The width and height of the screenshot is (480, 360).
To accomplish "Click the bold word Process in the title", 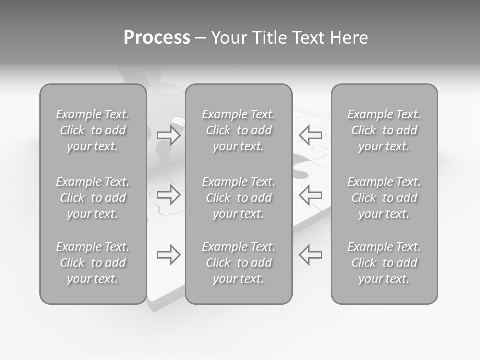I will click(157, 38).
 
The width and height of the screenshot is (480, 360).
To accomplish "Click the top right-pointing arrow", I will click(169, 135).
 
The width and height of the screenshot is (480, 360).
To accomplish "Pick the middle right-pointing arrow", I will click(169, 194).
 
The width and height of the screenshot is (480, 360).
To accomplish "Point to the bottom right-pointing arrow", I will click(169, 254).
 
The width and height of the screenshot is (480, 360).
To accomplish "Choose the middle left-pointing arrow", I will click(310, 194).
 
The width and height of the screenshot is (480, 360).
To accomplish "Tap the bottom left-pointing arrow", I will click(310, 254).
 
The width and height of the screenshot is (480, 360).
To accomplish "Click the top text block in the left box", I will click(93, 130).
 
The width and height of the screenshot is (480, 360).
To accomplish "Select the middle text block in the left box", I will click(93, 198).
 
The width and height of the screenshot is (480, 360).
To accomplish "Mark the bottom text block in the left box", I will click(93, 263).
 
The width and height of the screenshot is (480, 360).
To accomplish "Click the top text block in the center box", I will click(239, 130).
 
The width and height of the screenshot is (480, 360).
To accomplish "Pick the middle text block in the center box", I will click(239, 198).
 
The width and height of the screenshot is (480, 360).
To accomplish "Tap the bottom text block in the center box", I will click(239, 263).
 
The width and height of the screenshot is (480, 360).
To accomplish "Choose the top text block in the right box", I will click(384, 130).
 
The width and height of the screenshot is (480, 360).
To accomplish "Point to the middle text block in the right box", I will click(384, 198).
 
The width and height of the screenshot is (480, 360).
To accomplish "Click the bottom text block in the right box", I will click(384, 263).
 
